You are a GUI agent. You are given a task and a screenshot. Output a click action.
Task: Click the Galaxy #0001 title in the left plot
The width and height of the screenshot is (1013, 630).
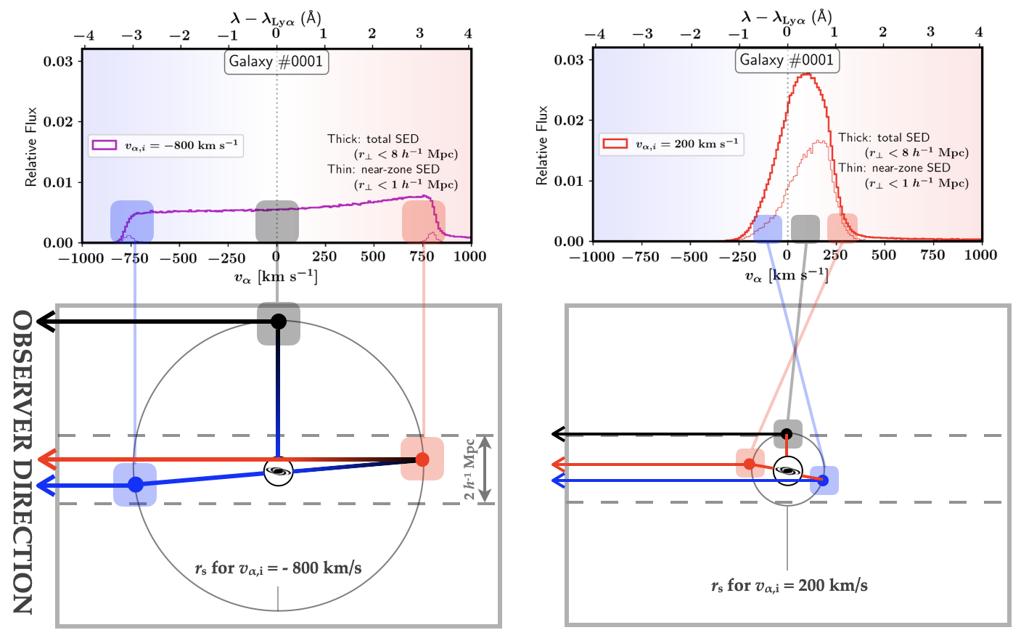click(x=276, y=62)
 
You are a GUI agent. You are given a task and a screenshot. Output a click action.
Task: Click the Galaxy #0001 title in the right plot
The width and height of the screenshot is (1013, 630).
click(x=787, y=60)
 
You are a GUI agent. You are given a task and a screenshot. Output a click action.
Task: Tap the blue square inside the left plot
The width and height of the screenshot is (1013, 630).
click(x=131, y=221)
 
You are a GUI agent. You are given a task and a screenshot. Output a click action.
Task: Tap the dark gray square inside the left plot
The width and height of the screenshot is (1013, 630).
click(x=277, y=221)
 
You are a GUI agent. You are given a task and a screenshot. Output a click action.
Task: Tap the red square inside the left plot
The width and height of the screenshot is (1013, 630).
click(x=424, y=221)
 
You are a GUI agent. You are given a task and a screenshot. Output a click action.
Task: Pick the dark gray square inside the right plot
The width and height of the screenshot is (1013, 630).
click(x=805, y=228)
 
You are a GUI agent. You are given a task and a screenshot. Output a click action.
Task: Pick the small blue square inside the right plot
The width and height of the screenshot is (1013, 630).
click(x=768, y=228)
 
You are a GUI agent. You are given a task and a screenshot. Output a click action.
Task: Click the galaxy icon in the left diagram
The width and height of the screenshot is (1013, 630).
click(x=279, y=472)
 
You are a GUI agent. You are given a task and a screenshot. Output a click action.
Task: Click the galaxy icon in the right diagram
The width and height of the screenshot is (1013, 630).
click(x=787, y=471)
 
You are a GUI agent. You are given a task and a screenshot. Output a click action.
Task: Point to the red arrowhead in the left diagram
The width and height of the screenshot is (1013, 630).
click(x=48, y=459)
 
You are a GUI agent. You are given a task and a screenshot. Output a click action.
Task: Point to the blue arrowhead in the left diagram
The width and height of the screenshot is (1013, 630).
click(x=48, y=486)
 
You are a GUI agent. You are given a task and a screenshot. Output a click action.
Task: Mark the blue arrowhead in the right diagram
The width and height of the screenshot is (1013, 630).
click(x=557, y=480)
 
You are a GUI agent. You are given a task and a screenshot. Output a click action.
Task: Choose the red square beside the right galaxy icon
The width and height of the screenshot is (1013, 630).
click(x=750, y=463)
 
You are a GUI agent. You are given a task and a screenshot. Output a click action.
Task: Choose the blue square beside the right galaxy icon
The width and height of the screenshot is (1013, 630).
click(x=824, y=480)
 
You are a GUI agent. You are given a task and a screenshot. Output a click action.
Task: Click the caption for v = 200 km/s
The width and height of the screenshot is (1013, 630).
click(x=789, y=585)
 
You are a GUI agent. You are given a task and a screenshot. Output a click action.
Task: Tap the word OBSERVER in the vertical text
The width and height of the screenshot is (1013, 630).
click(x=23, y=377)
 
